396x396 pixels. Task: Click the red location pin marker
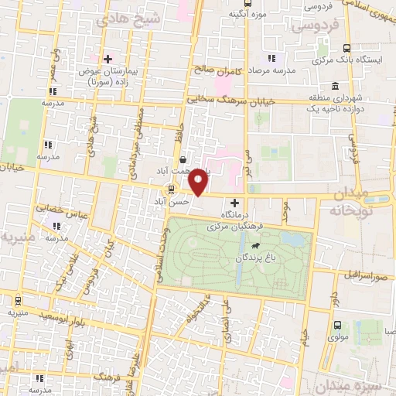coord(199,182)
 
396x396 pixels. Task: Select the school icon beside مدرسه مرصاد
coord(271,59)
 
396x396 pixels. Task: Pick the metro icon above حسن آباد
coord(171,189)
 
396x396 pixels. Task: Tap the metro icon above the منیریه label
coord(11,301)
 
